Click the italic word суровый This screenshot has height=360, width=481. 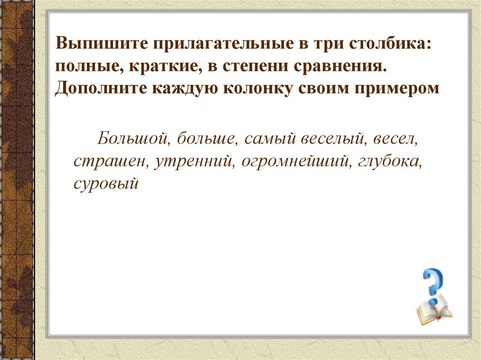(x=106, y=183)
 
